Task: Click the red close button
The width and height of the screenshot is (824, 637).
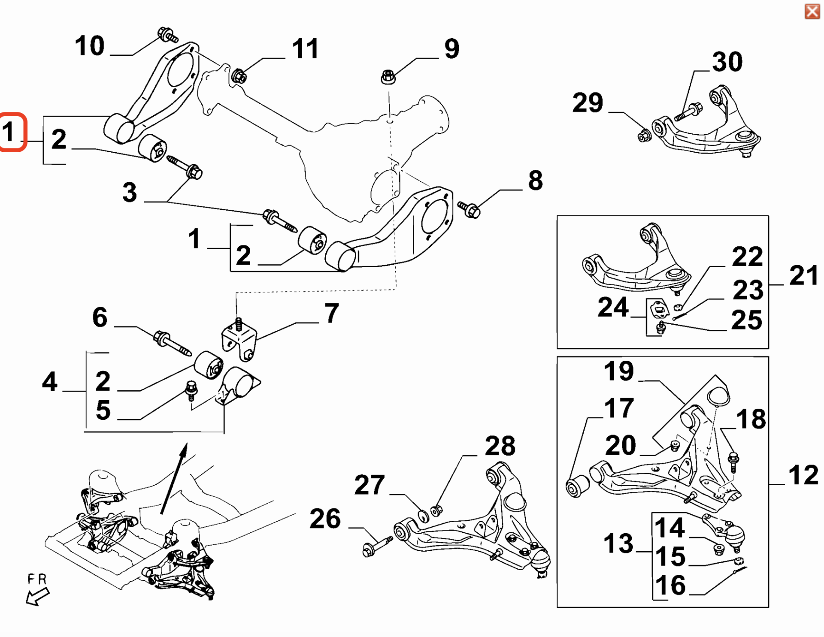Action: pos(812,12)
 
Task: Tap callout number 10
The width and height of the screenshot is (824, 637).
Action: pos(89,46)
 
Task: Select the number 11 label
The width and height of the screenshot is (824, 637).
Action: pos(305,49)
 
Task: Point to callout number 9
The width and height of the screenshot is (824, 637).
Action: pos(451,48)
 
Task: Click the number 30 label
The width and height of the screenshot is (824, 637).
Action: pos(727,62)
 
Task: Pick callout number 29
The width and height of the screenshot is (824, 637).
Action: pos(588,103)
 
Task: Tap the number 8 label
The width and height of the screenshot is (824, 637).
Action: pos(535,181)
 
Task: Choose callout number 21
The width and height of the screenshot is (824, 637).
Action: pos(803,275)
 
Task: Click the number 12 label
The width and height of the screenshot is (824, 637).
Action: pos(803,475)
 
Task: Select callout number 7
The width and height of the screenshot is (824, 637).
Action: pos(332,313)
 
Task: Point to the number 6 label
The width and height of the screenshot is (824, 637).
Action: pos(100,317)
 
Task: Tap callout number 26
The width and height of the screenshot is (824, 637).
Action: pos(325,519)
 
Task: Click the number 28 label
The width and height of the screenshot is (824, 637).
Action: pos(500,446)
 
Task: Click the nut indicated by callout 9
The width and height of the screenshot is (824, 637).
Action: pos(388,78)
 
